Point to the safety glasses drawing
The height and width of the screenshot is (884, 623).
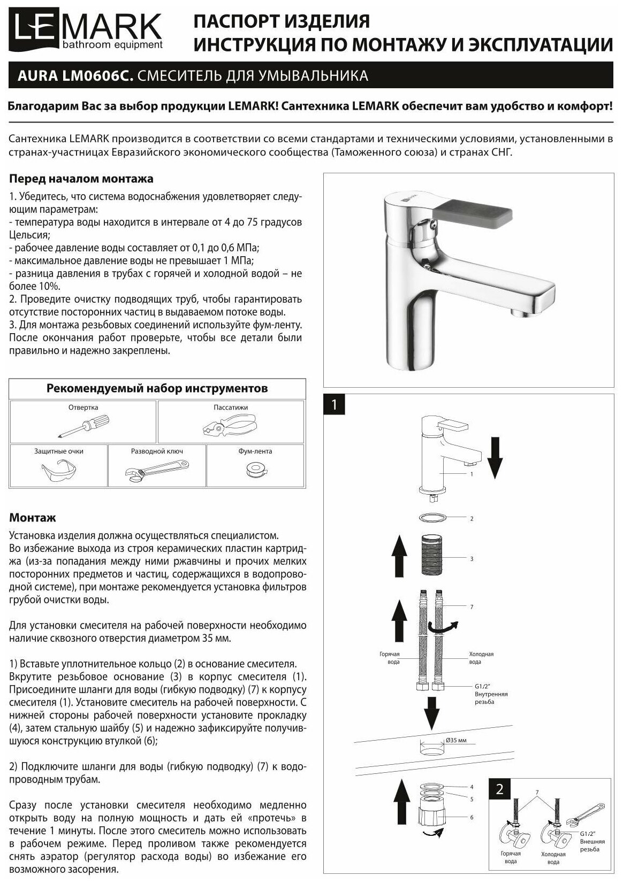(59, 470)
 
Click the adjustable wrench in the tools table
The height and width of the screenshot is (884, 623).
(157, 470)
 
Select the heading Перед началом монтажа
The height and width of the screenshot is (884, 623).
(81, 179)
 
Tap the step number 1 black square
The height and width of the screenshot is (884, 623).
(334, 404)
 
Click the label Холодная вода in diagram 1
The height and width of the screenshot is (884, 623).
(481, 657)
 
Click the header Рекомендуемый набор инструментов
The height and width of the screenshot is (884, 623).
(157, 388)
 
